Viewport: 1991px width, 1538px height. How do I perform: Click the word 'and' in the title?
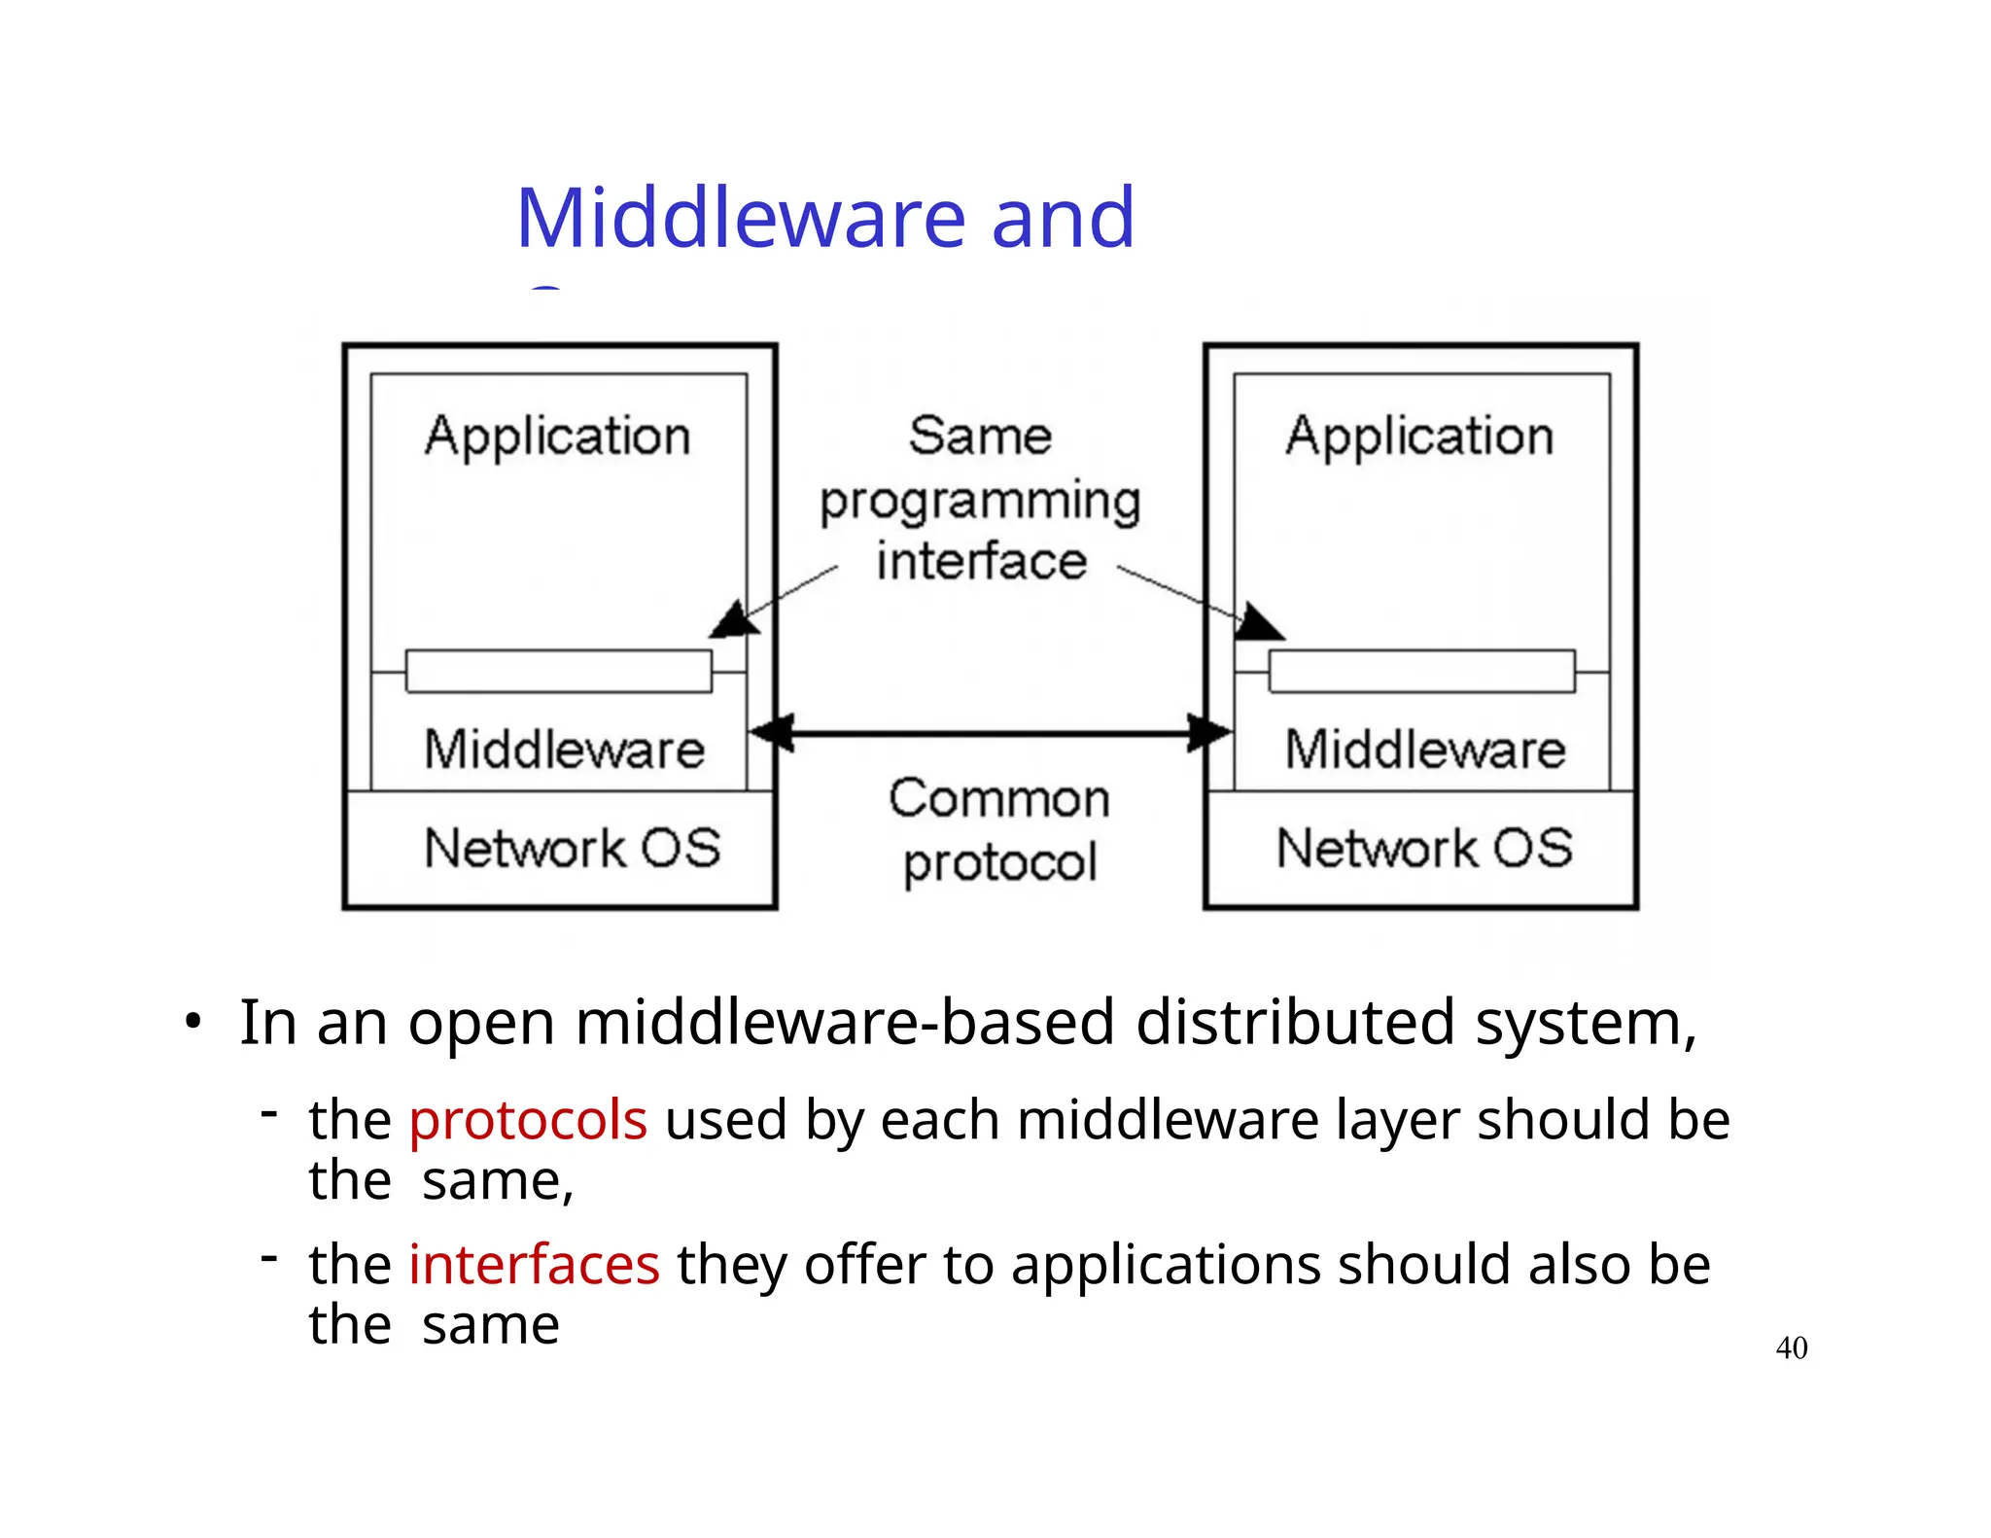pos(1062,218)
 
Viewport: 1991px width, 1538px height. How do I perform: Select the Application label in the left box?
pos(557,437)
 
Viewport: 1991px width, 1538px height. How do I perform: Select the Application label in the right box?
pos(1419,437)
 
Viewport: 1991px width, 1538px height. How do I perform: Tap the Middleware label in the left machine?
pos(564,750)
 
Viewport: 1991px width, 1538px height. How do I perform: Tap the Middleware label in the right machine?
pos(1425,750)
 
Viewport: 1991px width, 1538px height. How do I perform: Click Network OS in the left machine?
pos(572,848)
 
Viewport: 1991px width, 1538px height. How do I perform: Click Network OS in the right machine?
pos(1424,848)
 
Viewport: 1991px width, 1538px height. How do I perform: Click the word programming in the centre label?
pos(980,503)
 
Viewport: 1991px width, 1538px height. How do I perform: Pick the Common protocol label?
pos(999,830)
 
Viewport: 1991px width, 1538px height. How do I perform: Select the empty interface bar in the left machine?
pos(558,671)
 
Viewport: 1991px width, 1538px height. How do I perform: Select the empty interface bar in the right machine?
pos(1421,671)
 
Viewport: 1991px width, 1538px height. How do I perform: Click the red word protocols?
pos(527,1120)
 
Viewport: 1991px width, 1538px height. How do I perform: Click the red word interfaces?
pos(534,1265)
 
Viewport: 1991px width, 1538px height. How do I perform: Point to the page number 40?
pos(1791,1347)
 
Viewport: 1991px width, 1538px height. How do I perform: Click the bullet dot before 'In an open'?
pos(193,1023)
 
